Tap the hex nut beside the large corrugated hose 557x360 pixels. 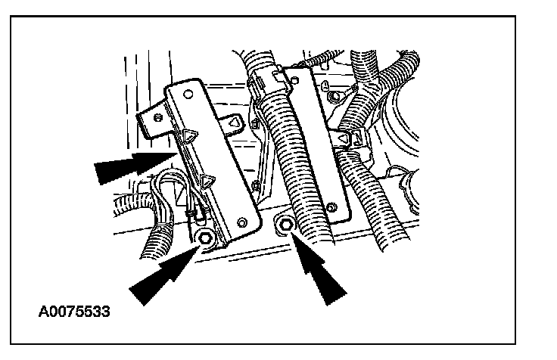pyautogui.click(x=285, y=225)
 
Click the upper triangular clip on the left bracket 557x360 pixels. pyautogui.click(x=188, y=136)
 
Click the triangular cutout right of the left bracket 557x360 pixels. pyautogui.click(x=236, y=120)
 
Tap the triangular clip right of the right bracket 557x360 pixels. pyautogui.click(x=344, y=139)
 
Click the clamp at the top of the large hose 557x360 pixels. pyautogui.click(x=265, y=77)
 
